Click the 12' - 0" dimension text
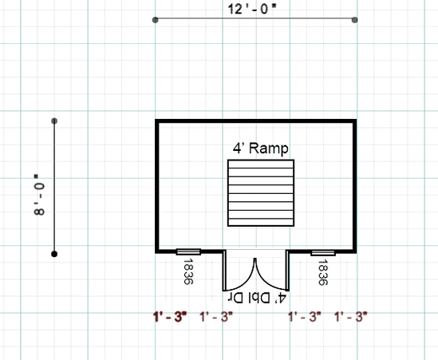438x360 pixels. point(251,9)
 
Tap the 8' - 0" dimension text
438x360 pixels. point(39,195)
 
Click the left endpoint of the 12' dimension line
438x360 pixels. point(156,20)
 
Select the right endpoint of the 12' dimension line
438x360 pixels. point(354,20)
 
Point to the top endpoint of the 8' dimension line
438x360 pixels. point(54,121)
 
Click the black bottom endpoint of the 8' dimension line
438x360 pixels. point(54,254)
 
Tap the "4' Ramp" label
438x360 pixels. point(261,148)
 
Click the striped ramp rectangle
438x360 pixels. point(261,193)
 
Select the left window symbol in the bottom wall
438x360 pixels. point(188,251)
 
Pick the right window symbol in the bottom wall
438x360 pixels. point(323,253)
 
